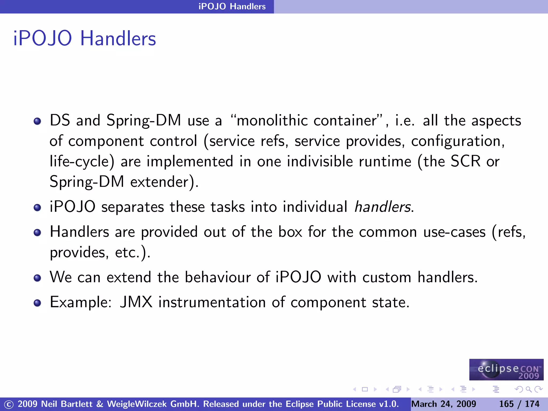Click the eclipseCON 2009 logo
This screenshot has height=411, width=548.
click(x=506, y=370)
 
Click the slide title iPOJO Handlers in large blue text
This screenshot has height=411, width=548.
click(x=85, y=39)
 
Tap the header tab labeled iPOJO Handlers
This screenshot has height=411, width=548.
click(x=232, y=6)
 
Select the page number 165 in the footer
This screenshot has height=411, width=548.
click(x=506, y=404)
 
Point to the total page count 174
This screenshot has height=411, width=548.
click(x=532, y=404)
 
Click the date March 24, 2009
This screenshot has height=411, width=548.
click(x=444, y=404)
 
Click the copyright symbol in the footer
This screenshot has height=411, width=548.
click(x=9, y=404)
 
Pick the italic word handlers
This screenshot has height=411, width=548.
click(x=383, y=207)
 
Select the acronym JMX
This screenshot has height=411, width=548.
click(x=136, y=302)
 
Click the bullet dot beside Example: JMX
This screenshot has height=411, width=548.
click(x=37, y=303)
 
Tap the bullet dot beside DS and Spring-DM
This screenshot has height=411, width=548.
click(x=37, y=121)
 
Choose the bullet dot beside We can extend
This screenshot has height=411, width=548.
click(x=37, y=278)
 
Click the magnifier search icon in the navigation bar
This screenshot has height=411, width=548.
click(x=528, y=389)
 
